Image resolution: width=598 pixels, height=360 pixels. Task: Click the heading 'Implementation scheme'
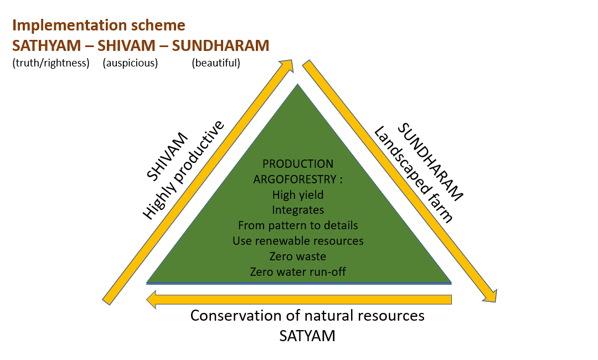(99, 25)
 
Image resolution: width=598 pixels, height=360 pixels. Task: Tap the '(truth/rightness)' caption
(51, 63)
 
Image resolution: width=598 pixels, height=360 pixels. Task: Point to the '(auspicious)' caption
(130, 63)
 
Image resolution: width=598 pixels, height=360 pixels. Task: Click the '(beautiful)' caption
(216, 63)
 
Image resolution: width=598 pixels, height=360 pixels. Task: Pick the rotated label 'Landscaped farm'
(413, 174)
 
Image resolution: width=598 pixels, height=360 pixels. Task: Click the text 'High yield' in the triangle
(298, 194)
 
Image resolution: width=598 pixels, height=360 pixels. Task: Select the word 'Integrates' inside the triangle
(298, 210)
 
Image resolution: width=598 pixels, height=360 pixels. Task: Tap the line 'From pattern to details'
(298, 225)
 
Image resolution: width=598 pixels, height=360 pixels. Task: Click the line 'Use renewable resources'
(298, 241)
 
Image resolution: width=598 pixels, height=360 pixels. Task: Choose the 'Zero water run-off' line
(298, 272)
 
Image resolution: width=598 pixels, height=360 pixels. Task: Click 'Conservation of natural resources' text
(307, 316)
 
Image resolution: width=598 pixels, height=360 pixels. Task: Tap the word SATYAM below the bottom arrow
(307, 336)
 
